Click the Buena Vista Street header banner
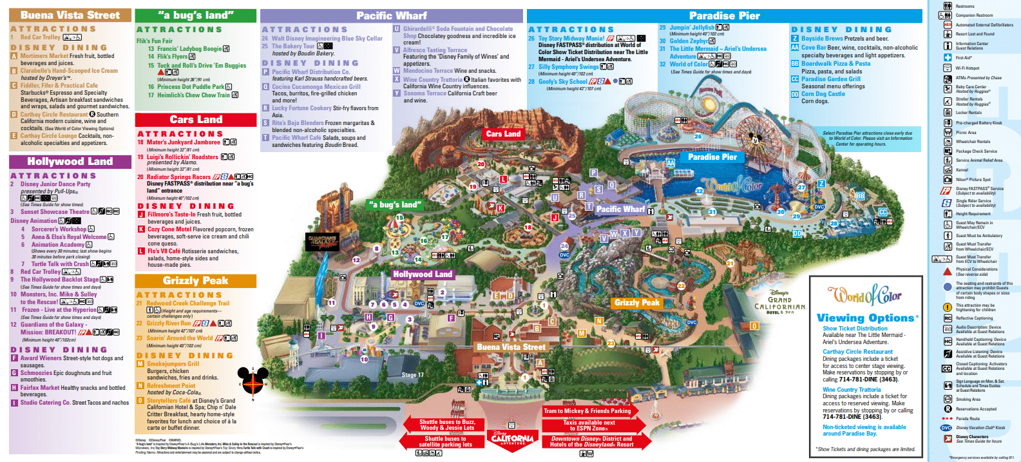pos(70,15)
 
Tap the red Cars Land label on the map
pos(503,134)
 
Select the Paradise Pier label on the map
pos(712,157)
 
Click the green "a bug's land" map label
pos(395,204)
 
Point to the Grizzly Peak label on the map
pos(636,302)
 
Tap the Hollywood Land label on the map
pos(423,274)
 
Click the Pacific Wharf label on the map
pos(620,209)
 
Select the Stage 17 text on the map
pos(412,374)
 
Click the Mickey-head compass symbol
pos(253,381)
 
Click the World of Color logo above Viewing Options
pos(864,296)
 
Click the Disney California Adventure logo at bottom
pos(512,438)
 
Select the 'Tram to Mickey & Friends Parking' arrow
pos(587,410)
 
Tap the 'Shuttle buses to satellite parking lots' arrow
pos(444,441)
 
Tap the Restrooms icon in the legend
pos(948,6)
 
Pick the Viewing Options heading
pos(865,318)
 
